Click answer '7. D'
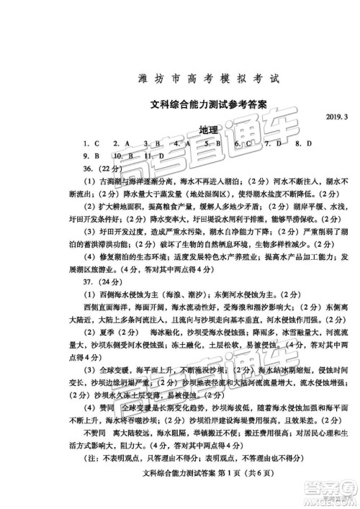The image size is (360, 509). point(274,143)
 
